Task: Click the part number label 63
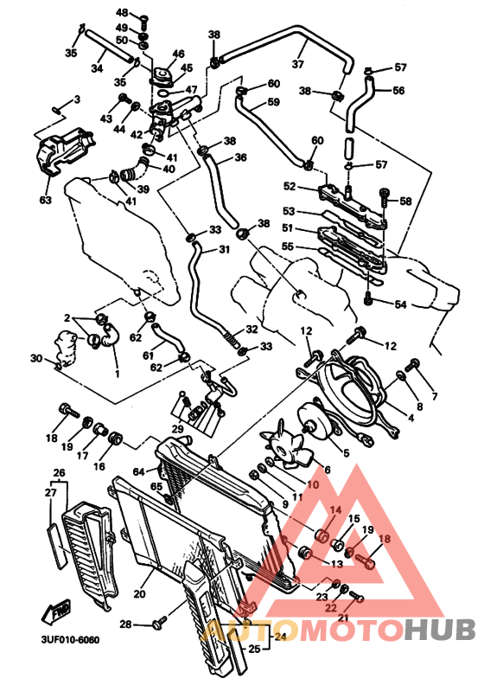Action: point(46,200)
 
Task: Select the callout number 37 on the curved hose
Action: point(297,64)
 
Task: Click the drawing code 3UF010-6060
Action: point(70,639)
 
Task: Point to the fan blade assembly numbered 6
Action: point(286,447)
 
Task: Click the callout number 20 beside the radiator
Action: point(140,593)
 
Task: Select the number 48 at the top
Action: point(122,13)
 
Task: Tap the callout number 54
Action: point(400,304)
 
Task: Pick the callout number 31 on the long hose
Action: point(224,249)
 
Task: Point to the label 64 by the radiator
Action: point(139,472)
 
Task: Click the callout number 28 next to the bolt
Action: point(125,624)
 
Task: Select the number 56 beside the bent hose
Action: point(398,91)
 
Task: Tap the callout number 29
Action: point(178,430)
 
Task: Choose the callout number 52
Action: point(290,186)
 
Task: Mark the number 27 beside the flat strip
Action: point(51,492)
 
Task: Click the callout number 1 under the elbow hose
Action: point(117,374)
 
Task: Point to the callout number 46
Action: point(179,54)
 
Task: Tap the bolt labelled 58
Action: point(384,198)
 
